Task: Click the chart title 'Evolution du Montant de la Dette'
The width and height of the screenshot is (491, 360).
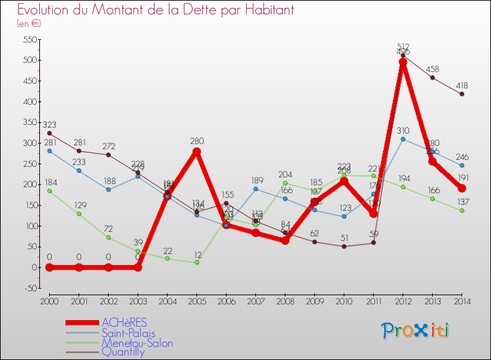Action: click(x=156, y=10)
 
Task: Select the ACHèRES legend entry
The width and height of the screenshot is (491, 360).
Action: click(x=124, y=322)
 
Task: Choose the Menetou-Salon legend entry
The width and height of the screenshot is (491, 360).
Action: click(x=137, y=342)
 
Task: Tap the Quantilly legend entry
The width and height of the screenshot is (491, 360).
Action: click(x=123, y=351)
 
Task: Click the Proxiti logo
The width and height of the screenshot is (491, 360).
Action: click(x=416, y=331)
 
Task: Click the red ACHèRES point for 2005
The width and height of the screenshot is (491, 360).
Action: click(x=196, y=152)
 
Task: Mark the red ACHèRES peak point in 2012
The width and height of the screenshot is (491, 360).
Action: click(x=403, y=62)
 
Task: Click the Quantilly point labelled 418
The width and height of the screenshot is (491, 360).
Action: click(x=462, y=94)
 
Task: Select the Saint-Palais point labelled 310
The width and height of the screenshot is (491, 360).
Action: click(x=403, y=139)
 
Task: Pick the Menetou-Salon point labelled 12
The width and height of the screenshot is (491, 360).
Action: click(x=196, y=262)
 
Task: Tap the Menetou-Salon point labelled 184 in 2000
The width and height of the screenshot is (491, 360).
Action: click(x=50, y=191)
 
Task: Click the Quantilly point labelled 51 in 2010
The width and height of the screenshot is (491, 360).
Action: click(x=344, y=246)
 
